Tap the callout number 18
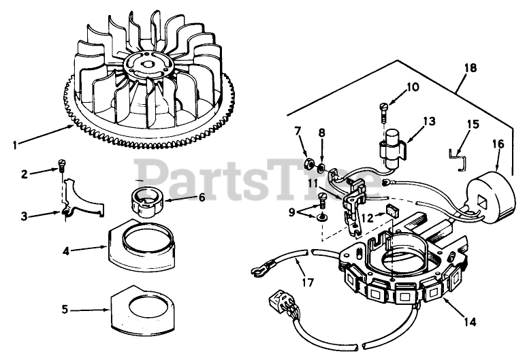coord(469,68)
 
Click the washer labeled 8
coord(323,165)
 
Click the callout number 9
coord(293,212)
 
